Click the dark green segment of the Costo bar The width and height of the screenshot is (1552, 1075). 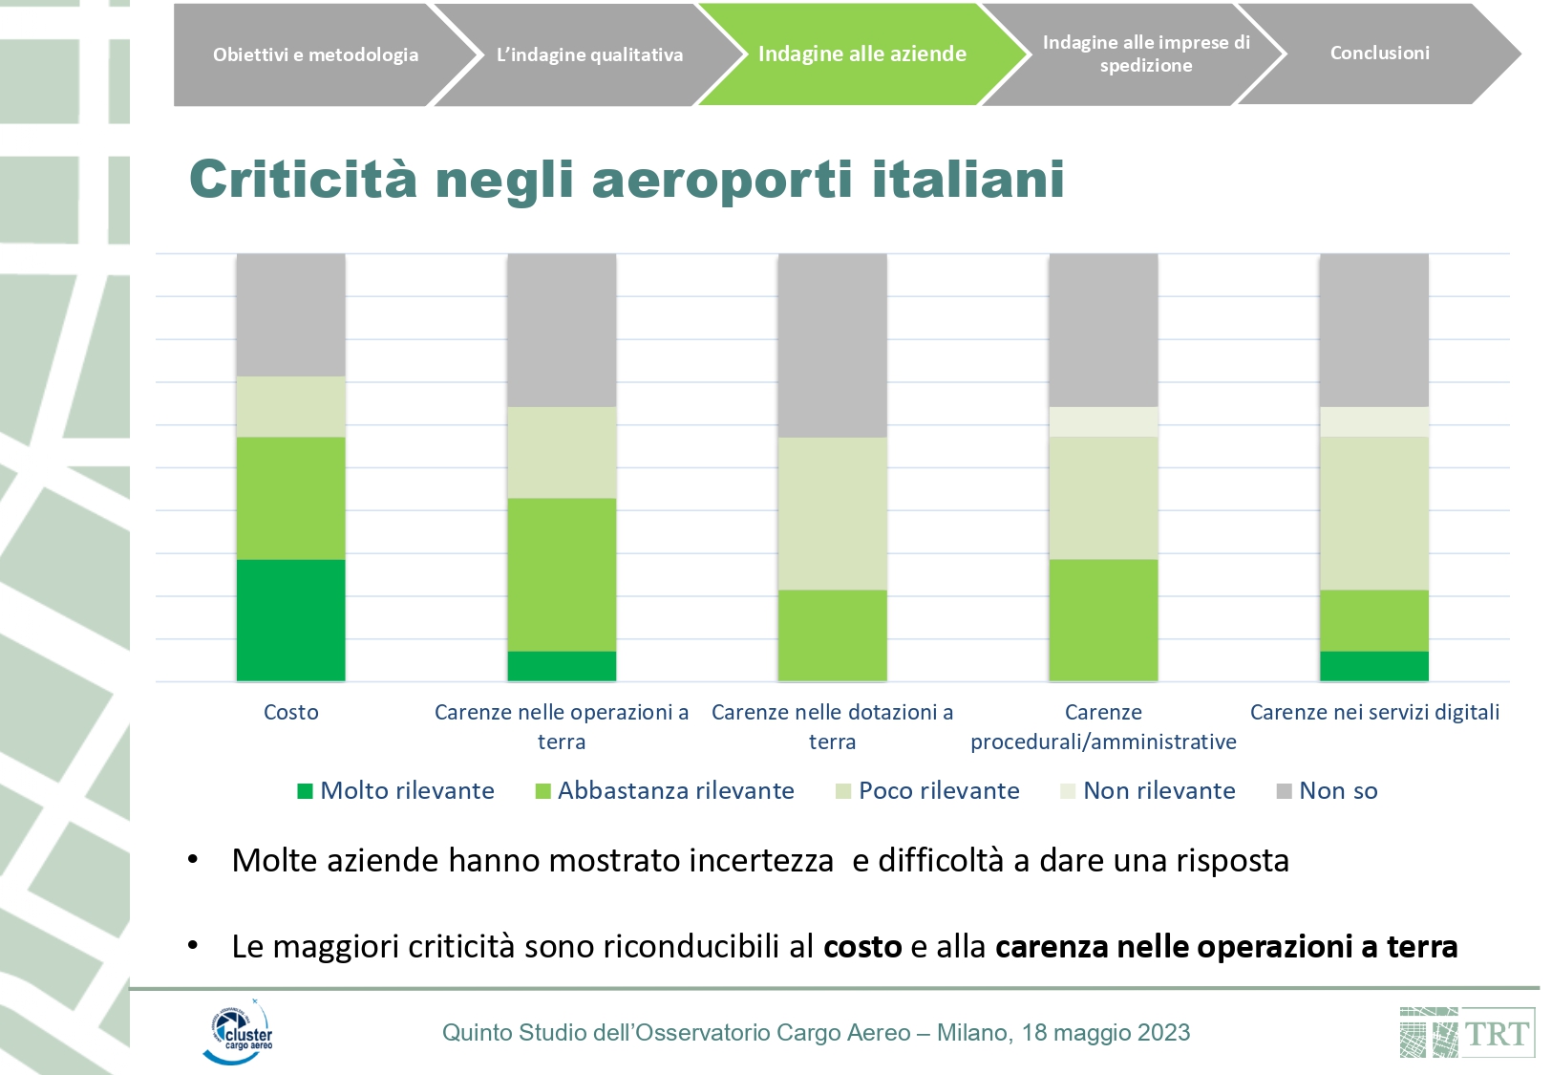[x=290, y=619]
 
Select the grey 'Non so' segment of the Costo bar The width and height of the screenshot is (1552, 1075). [x=290, y=314]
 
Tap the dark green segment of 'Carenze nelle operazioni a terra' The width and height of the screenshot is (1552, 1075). [x=561, y=666]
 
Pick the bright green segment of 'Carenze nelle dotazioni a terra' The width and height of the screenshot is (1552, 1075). [x=832, y=635]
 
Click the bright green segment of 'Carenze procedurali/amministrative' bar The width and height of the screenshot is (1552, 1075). [x=1103, y=619]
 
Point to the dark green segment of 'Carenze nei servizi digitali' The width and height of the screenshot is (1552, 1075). [x=1373, y=666]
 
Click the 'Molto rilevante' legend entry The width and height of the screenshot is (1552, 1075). [x=396, y=791]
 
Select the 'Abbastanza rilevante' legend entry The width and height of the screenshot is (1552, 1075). [x=665, y=791]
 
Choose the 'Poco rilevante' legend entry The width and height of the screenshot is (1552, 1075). [x=927, y=791]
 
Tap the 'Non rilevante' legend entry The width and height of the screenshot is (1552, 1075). [x=1148, y=791]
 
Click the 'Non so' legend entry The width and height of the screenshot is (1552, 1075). [x=1328, y=791]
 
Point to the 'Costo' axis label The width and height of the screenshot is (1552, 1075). [x=291, y=712]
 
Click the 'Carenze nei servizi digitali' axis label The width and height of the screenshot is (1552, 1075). [x=1374, y=712]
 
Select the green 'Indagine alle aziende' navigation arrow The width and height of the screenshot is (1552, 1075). [x=861, y=54]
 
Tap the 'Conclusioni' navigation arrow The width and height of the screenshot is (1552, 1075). [x=1379, y=54]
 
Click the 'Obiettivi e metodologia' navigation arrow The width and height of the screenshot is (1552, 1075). [x=315, y=54]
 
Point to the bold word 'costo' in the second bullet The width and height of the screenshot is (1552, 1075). [x=862, y=947]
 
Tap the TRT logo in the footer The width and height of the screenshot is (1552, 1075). [x=1467, y=1033]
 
